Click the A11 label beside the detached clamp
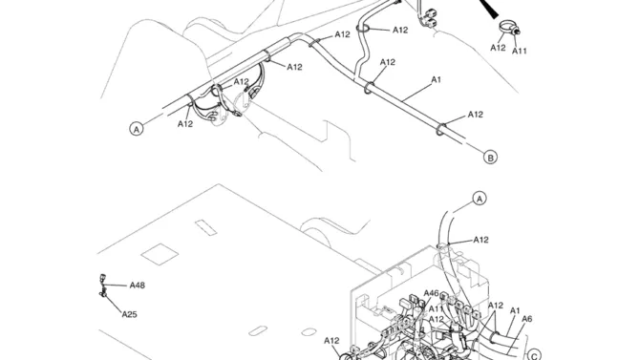click(x=520, y=51)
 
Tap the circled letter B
click(x=490, y=158)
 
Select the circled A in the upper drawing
click(x=137, y=129)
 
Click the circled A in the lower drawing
click(x=480, y=199)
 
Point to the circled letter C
click(x=534, y=354)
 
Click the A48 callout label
click(x=138, y=286)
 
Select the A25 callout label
click(x=129, y=314)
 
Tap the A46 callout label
click(x=431, y=293)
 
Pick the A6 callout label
click(x=527, y=319)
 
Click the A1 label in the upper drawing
click(x=436, y=79)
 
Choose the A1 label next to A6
click(x=515, y=310)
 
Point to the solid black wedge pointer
click(x=488, y=9)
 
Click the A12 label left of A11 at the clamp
click(x=498, y=48)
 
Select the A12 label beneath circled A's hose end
click(x=185, y=124)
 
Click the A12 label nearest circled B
click(x=475, y=115)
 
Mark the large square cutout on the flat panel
click(x=160, y=253)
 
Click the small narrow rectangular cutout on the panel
click(x=205, y=227)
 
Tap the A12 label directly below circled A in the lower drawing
click(x=480, y=240)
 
